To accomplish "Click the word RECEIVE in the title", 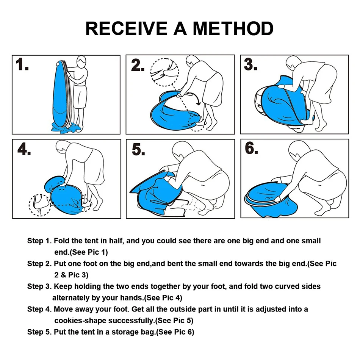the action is click(126, 28).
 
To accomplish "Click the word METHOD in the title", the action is click(233, 28).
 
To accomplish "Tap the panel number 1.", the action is click(22, 64).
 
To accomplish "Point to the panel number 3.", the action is click(250, 64).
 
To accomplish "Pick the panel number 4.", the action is click(24, 149).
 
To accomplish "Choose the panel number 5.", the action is click(138, 149).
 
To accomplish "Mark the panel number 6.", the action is click(251, 148).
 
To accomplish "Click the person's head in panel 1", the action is click(81, 62).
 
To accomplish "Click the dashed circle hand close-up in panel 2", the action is click(164, 72).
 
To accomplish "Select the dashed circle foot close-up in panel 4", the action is click(40, 205).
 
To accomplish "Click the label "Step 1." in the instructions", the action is click(39, 241).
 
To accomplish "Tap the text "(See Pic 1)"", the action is click(88, 252).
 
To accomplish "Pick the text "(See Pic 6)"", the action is click(175, 332).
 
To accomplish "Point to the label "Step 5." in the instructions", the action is click(39, 332).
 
